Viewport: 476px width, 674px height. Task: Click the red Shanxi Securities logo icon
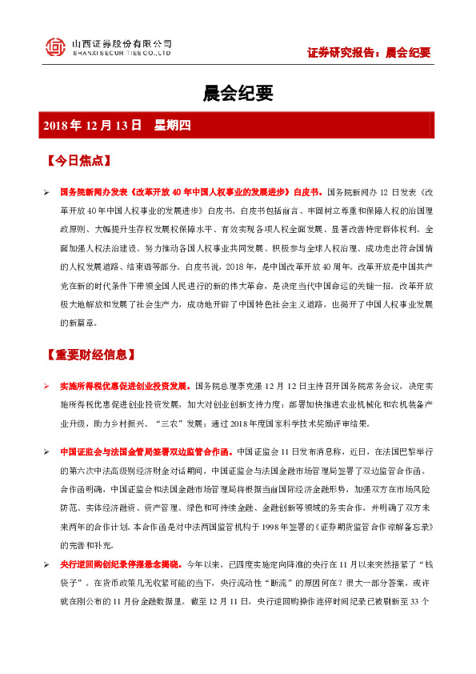coord(54,47)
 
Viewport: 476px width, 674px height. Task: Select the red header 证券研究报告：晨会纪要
coord(369,53)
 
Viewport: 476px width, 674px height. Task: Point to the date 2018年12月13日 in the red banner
coord(92,126)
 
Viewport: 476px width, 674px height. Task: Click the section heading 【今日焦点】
coord(78,160)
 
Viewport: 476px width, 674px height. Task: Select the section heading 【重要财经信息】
coord(90,354)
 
